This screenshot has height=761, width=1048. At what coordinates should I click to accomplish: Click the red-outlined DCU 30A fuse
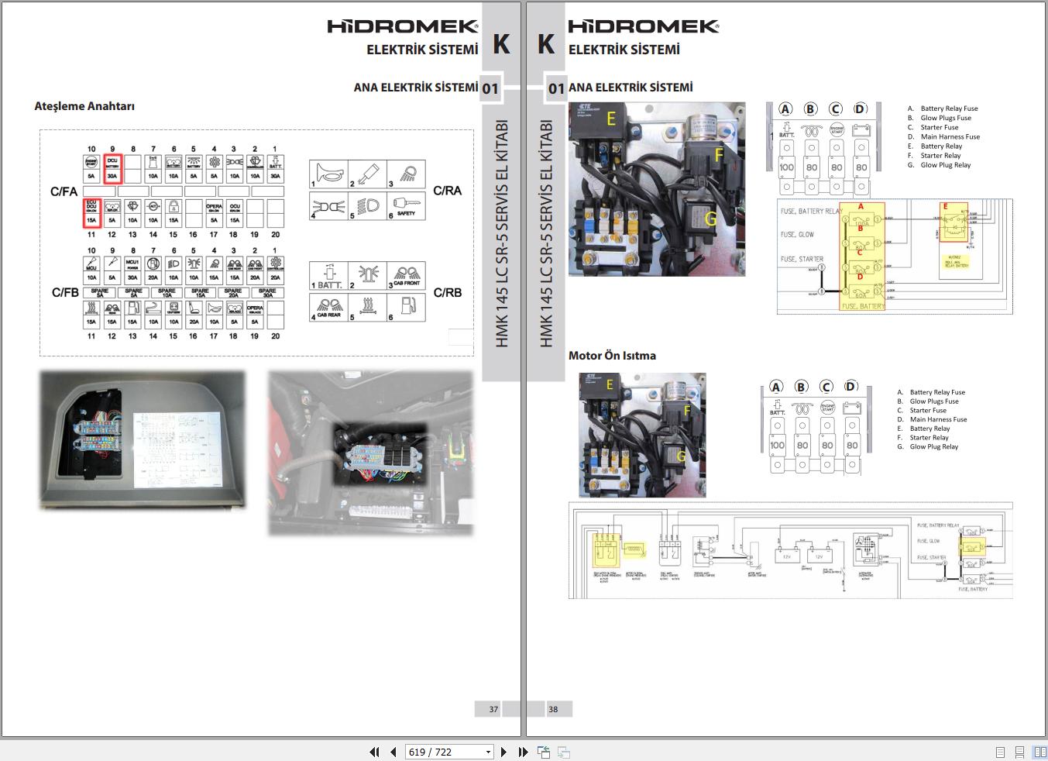pos(112,167)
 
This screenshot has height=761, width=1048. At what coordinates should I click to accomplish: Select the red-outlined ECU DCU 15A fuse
pos(91,212)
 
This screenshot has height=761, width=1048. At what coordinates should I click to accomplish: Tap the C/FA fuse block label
pos(64,191)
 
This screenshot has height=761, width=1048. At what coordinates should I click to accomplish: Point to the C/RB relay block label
pos(447,292)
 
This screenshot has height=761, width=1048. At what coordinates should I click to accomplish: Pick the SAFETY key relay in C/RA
pos(405,207)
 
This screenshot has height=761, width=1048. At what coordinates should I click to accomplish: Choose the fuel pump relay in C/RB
pos(406,308)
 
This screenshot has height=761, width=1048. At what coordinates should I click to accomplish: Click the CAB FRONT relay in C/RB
pos(406,276)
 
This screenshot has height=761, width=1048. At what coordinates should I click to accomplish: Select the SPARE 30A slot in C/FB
pos(267,292)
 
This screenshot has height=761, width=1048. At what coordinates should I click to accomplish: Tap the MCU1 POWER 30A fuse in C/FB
pos(132,269)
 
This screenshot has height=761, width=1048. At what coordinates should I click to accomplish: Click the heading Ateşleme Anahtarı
pos(84,106)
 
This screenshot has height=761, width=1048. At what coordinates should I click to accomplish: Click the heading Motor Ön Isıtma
pos(612,356)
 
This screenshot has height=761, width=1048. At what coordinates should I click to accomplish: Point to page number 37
pos(493,709)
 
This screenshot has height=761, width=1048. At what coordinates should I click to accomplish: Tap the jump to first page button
pos(375,752)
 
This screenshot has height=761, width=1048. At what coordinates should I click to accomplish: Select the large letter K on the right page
pos(545,44)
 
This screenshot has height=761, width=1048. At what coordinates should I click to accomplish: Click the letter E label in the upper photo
pos(611,119)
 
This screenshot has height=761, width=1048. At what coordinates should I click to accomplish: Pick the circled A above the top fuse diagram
pos(785,109)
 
